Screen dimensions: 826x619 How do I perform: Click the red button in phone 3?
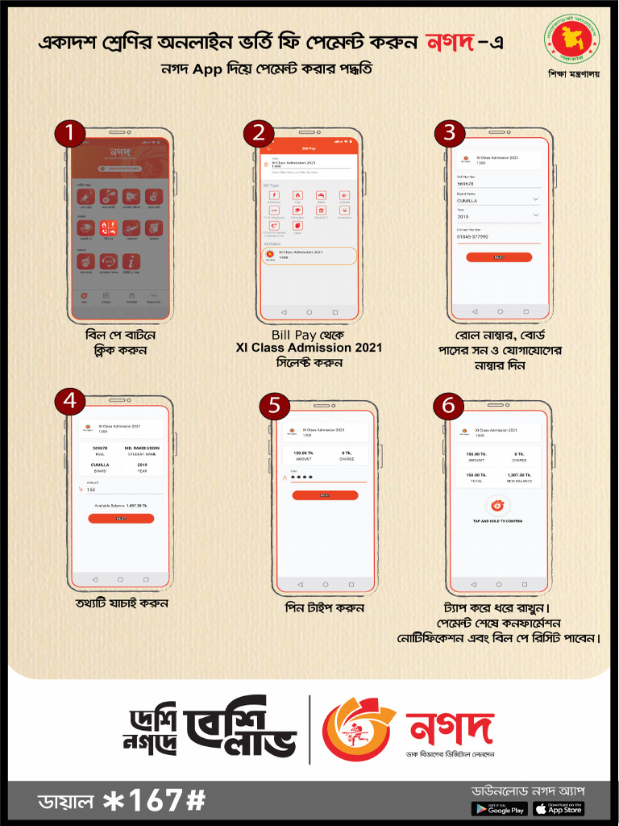click(499, 257)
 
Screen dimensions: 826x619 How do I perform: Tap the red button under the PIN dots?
click(325, 495)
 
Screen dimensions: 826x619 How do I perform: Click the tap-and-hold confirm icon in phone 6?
click(497, 507)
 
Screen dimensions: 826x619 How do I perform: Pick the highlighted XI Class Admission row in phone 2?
click(309, 255)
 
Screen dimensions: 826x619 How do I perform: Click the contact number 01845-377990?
click(473, 236)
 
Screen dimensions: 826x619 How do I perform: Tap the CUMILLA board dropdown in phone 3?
click(498, 200)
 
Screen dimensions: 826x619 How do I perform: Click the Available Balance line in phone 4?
click(121, 505)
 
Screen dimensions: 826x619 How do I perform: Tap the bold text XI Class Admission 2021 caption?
click(309, 348)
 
